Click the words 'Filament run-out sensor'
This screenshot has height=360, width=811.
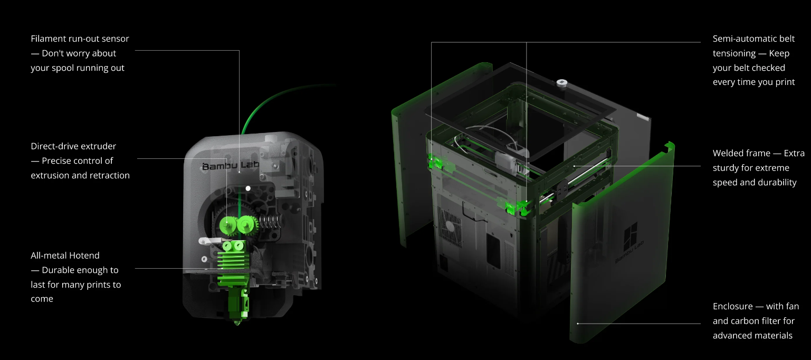(x=80, y=39)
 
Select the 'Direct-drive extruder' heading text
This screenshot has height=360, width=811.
(x=73, y=146)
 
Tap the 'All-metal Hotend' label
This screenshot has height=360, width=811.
(x=65, y=255)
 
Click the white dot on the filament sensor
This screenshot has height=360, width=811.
(x=248, y=188)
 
